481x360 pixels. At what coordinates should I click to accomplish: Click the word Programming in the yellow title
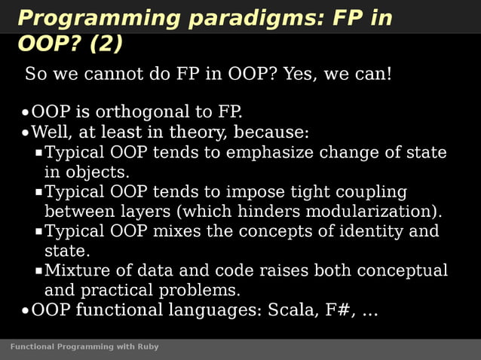coord(86,18)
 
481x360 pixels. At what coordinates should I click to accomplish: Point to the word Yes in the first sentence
coord(301,75)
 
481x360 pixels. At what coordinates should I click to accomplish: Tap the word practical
coord(119,290)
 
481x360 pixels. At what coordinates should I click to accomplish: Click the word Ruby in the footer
coord(149,347)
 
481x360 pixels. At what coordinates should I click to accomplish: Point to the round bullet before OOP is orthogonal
coord(25,114)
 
